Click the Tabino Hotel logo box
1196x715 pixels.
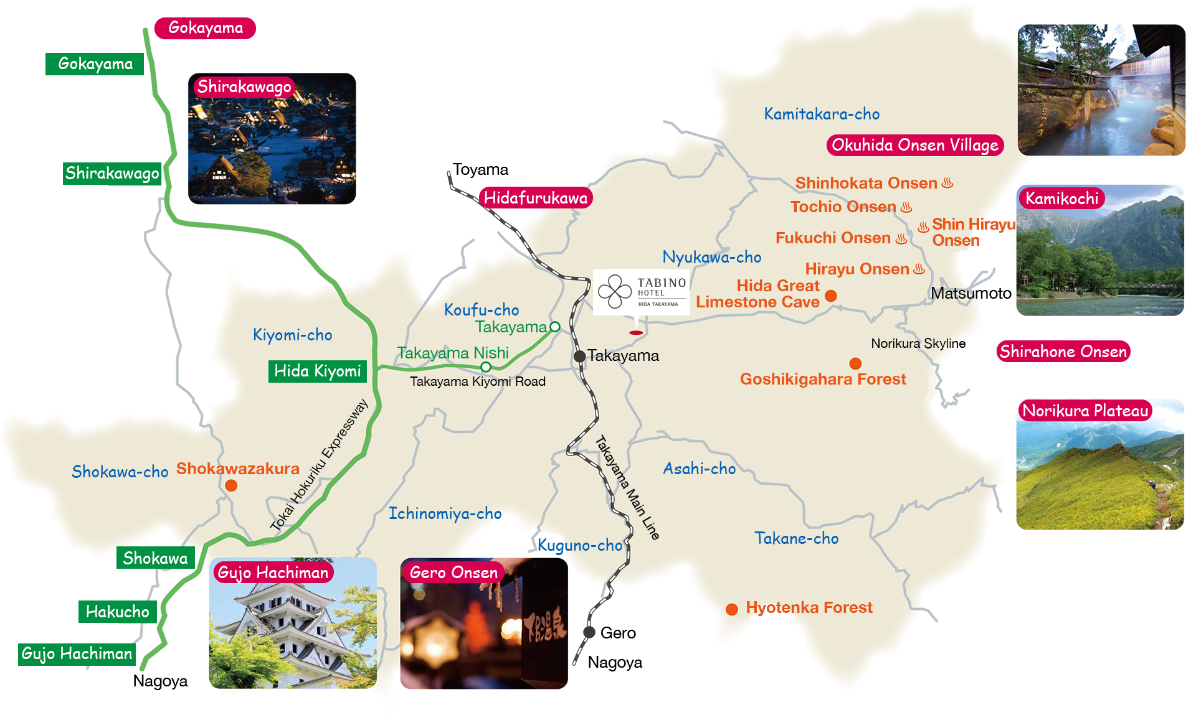coord(641,292)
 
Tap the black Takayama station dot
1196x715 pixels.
coord(579,356)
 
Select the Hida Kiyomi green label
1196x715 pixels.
coord(317,372)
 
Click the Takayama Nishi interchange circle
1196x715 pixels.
coord(486,367)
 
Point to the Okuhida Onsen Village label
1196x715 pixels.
coord(914,146)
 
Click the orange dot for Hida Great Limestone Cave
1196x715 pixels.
coord(831,296)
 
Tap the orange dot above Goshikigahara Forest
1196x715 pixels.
coord(855,363)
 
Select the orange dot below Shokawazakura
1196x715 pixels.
coord(231,485)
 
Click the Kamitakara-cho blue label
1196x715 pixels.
coord(822,114)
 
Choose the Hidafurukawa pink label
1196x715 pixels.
coord(535,199)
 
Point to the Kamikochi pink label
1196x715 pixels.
coord(1061,199)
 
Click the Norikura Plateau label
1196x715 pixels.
coord(1085,411)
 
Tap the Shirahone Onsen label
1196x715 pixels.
coord(1063,352)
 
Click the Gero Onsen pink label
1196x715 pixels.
coord(453,572)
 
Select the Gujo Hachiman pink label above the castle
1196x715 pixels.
coord(273,572)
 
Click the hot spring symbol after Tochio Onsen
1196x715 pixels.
coord(906,207)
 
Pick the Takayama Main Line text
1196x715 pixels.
coord(627,488)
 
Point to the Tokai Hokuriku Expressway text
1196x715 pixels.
coord(319,465)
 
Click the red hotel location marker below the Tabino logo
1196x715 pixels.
coord(636,333)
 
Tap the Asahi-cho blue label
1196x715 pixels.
coord(699,469)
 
